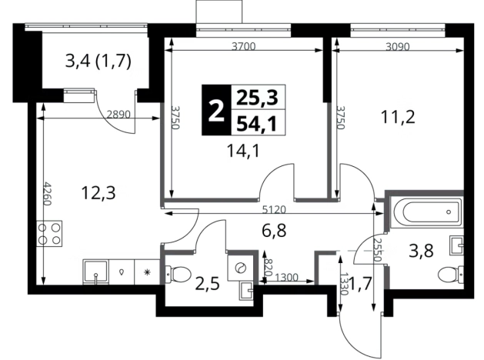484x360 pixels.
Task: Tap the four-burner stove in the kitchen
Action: pos(49,234)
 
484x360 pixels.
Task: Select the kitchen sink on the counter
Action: pos(96,272)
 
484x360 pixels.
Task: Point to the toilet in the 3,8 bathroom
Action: pos(451,274)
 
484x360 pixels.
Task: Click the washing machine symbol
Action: pos(241,268)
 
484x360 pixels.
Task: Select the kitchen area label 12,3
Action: pos(98,193)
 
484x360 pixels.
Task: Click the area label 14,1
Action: pos(243,151)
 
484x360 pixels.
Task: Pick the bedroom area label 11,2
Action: pos(398,117)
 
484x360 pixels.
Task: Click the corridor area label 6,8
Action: pos(274,231)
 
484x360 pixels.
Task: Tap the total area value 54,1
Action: pos(256,123)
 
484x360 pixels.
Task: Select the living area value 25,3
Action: pos(257,98)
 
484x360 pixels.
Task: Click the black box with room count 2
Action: pos(216,110)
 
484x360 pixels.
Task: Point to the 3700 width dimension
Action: pos(244,47)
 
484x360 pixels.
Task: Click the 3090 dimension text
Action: pos(398,47)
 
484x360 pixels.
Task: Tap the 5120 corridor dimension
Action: pos(274,210)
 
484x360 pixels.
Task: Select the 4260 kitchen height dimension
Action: pos(47,193)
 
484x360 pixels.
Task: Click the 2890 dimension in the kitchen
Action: pos(118,115)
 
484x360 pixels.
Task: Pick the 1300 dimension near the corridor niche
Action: pos(286,278)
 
